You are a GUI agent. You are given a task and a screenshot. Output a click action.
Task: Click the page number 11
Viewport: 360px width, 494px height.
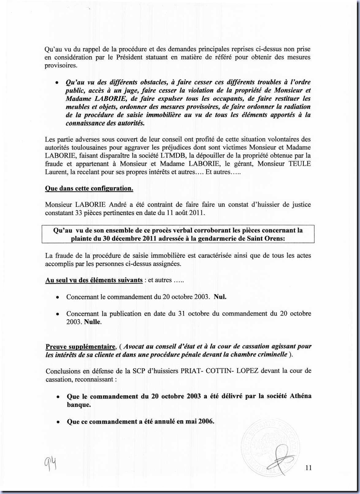click(308, 468)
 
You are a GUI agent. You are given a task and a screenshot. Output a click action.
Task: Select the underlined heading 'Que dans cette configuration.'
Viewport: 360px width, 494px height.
click(89, 188)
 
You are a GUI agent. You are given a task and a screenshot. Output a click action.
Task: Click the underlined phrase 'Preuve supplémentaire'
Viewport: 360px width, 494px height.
click(80, 347)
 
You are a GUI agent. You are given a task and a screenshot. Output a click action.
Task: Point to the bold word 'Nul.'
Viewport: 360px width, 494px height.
click(220, 297)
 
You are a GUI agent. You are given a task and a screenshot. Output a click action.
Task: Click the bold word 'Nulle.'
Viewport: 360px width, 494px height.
click(93, 322)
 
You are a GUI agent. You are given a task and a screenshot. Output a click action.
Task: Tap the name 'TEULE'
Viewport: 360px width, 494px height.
click(299, 164)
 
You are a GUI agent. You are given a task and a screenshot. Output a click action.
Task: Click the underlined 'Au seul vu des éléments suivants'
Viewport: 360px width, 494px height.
click(94, 280)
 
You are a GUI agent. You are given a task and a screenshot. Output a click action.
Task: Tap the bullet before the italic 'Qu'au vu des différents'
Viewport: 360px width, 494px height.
click(57, 83)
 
